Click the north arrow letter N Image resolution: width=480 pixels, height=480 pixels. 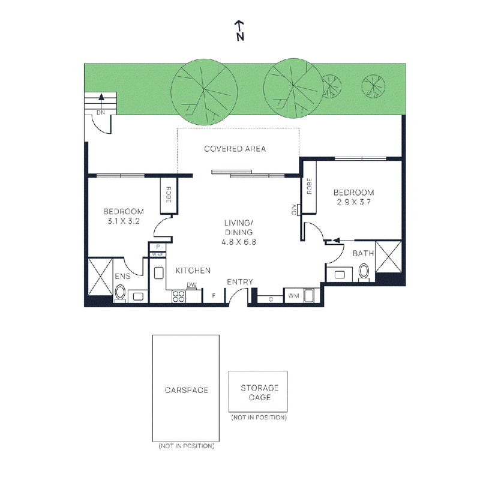241,37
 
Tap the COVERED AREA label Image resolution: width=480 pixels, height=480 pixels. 235,149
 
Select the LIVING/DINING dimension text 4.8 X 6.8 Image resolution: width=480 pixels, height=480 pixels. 239,242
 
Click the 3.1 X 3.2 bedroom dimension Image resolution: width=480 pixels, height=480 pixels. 124,221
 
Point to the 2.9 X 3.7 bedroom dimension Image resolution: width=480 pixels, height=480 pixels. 354,202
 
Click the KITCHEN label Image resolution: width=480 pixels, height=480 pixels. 193,271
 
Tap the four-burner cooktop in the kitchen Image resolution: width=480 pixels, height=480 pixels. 179,296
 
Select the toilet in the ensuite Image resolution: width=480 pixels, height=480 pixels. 120,293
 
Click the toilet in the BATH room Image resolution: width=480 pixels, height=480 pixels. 364,272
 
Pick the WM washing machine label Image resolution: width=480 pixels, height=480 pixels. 293,296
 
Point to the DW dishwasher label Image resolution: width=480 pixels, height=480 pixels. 191,285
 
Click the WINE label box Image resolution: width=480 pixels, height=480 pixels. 158,254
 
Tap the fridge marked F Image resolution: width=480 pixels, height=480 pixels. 214,295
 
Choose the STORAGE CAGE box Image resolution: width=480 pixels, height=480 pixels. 258,392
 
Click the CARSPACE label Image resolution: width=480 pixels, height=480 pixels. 187,391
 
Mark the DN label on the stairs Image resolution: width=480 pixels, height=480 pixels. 101,113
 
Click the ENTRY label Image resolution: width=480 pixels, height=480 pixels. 240,282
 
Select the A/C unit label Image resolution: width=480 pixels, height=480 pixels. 293,209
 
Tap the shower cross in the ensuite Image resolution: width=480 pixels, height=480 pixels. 100,277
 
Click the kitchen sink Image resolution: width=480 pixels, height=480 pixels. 158,273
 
